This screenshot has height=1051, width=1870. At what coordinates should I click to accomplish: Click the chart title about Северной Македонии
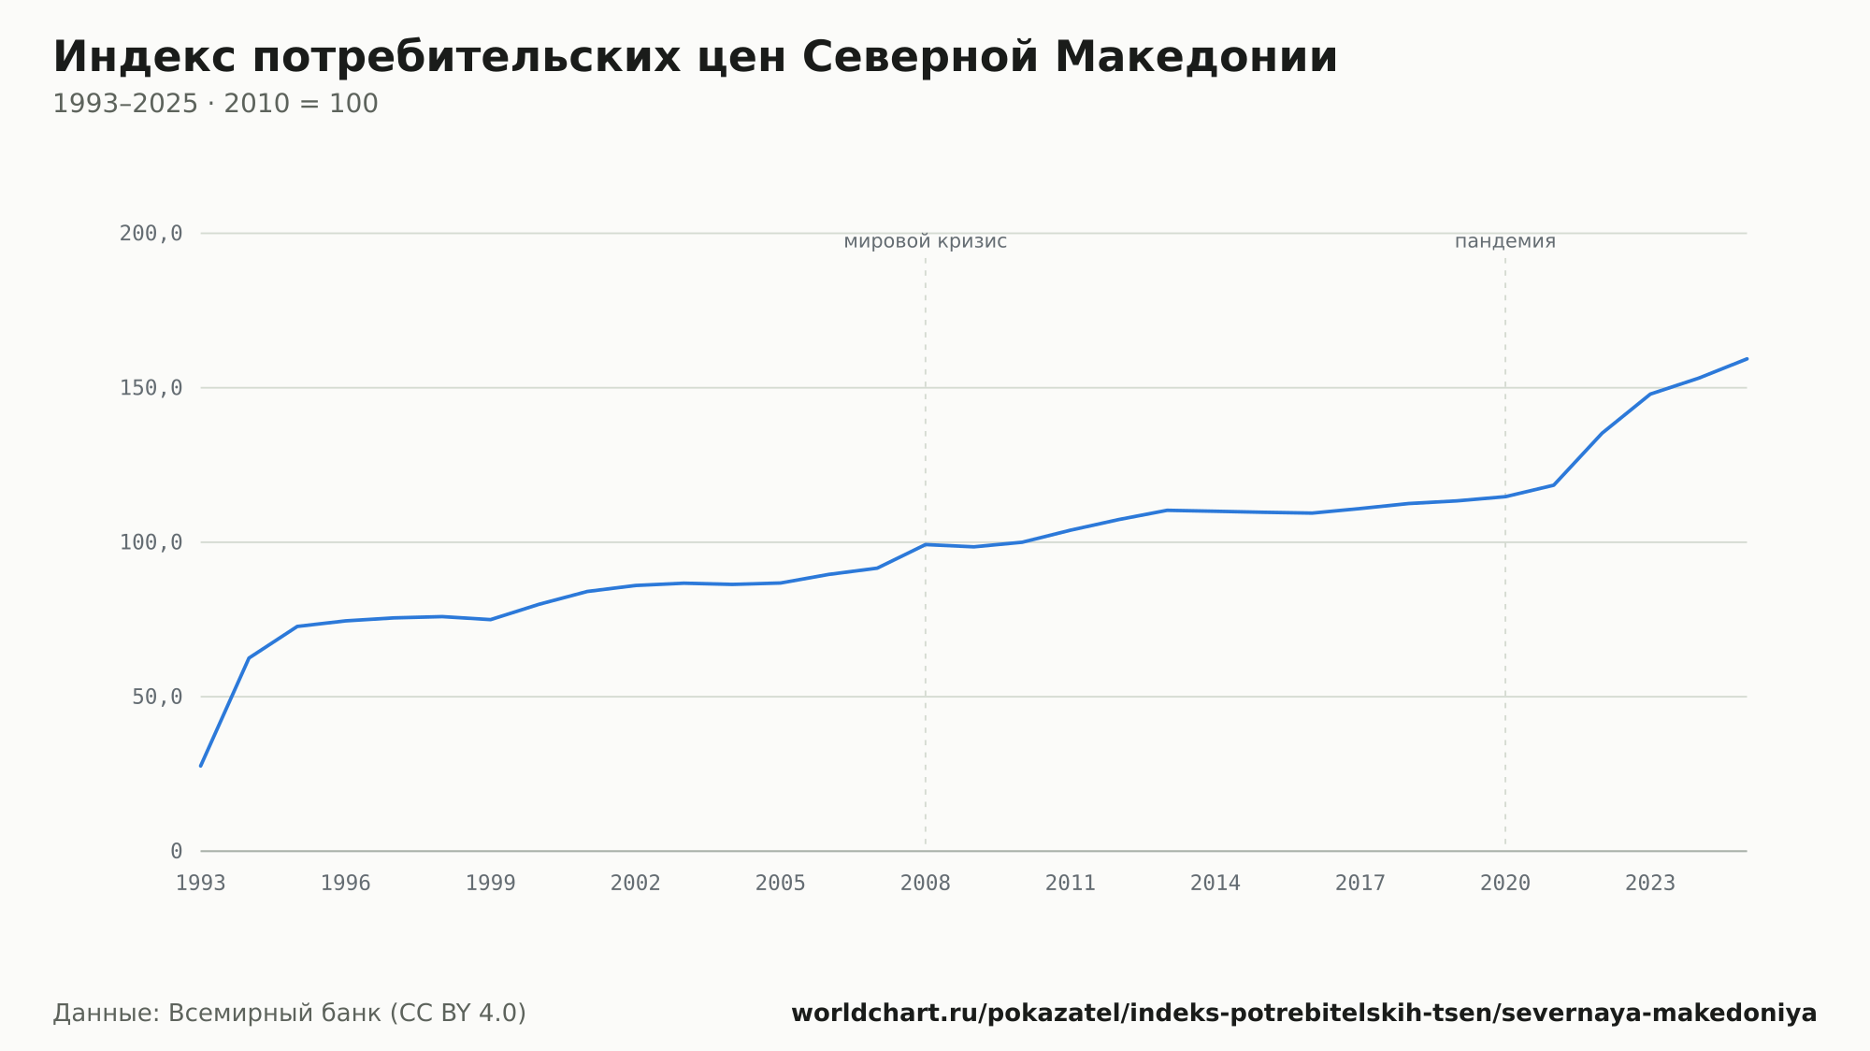coord(695,57)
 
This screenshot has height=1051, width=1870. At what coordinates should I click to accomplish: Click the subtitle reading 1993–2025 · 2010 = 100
coord(215,104)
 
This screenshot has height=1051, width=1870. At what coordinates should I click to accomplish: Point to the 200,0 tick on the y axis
coord(151,234)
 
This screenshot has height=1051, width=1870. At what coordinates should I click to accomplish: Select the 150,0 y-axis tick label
coord(151,388)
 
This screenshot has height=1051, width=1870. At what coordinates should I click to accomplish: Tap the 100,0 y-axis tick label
coord(151,542)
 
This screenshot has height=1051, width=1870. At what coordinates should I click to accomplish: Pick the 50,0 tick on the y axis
coord(157,697)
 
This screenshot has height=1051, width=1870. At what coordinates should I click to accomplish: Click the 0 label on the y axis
coord(177,851)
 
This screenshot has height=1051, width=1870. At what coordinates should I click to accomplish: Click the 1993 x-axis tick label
coord(201,884)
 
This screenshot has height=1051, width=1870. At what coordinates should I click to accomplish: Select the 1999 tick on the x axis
coord(491,884)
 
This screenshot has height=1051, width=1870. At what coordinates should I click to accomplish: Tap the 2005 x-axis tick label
coord(781,884)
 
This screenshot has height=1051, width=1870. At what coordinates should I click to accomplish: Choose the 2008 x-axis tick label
coord(926,884)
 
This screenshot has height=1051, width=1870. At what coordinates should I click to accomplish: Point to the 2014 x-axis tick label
coord(1215,884)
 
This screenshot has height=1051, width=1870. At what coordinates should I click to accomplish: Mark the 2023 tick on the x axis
coord(1650,884)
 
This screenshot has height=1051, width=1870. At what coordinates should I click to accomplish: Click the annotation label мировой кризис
coord(926,241)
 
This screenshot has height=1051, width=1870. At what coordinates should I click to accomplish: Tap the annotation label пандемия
coord(1505,241)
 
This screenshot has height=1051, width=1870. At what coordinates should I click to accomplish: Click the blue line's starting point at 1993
coord(201,766)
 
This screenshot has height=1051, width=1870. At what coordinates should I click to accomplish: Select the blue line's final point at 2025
coord(1747,358)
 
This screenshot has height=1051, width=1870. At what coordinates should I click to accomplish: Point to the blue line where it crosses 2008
coord(926,544)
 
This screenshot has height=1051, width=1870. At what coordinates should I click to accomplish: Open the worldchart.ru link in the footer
coord(1304,1014)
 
